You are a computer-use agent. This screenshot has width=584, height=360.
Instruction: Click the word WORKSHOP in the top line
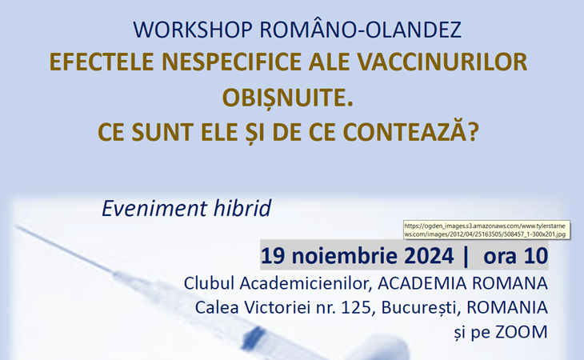coord(193,30)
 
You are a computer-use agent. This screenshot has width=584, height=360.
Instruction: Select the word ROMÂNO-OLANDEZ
coord(361,29)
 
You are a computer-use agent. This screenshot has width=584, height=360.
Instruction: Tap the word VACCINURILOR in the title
coord(442,62)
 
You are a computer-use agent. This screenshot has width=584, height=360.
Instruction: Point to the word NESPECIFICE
coord(231,62)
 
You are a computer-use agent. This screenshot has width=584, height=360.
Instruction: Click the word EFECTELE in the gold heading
coord(102,62)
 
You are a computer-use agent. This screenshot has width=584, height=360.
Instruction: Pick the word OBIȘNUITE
coord(287,98)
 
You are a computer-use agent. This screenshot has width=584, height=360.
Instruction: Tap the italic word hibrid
coord(242,208)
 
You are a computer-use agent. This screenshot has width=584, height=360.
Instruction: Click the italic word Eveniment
coord(154,208)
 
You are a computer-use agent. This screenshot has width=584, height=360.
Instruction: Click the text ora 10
coord(515,256)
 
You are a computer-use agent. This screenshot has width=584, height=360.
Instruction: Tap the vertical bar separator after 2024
coord(466,257)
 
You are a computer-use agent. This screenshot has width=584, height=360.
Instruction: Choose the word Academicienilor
coord(306,284)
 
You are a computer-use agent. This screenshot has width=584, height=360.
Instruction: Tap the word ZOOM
coord(522,332)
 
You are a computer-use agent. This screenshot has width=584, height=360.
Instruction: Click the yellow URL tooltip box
coord(486,230)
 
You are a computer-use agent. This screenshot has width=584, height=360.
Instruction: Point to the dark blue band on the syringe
coord(254,336)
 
